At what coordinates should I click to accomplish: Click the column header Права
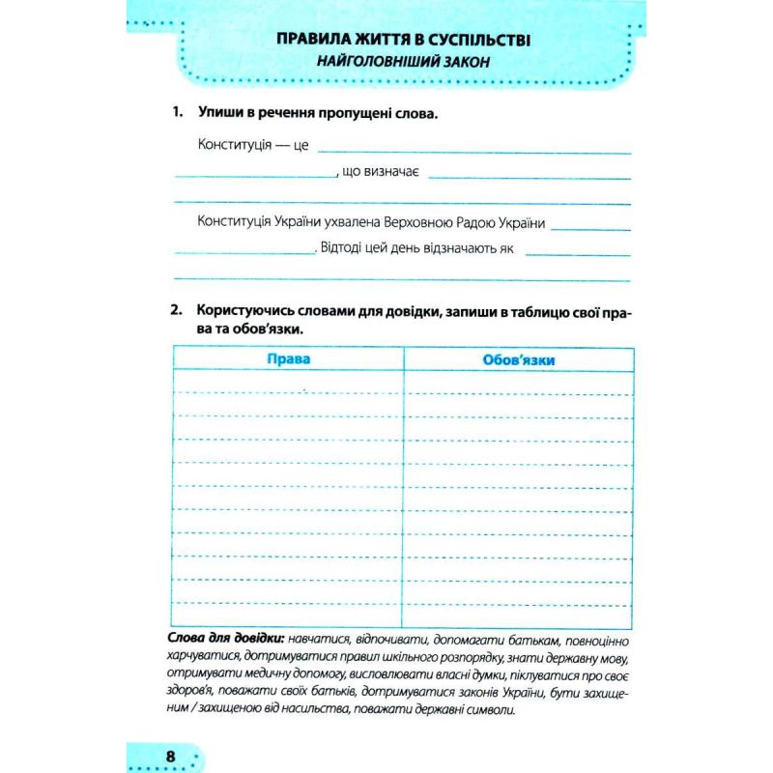tap(287, 359)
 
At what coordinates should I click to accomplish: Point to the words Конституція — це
tap(252, 144)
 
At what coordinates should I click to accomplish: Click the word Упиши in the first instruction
tap(218, 113)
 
